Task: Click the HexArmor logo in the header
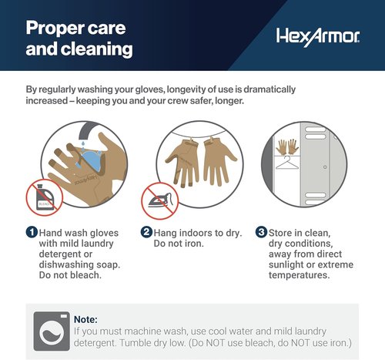point(318,37)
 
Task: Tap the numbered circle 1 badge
point(32,232)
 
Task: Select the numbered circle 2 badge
point(146,232)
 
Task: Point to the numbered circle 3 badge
point(261,232)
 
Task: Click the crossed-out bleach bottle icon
point(45,197)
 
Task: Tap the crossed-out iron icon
point(160,200)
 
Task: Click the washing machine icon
point(52,331)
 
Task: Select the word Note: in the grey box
point(85,319)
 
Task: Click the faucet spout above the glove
point(87,131)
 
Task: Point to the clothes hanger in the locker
point(287,163)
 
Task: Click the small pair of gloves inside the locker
point(287,146)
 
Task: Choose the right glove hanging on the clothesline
point(219,161)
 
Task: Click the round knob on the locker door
point(325,167)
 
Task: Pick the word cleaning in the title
point(97,49)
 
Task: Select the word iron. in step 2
point(194,244)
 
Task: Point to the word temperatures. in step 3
point(299,275)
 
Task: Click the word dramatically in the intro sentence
point(269,89)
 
